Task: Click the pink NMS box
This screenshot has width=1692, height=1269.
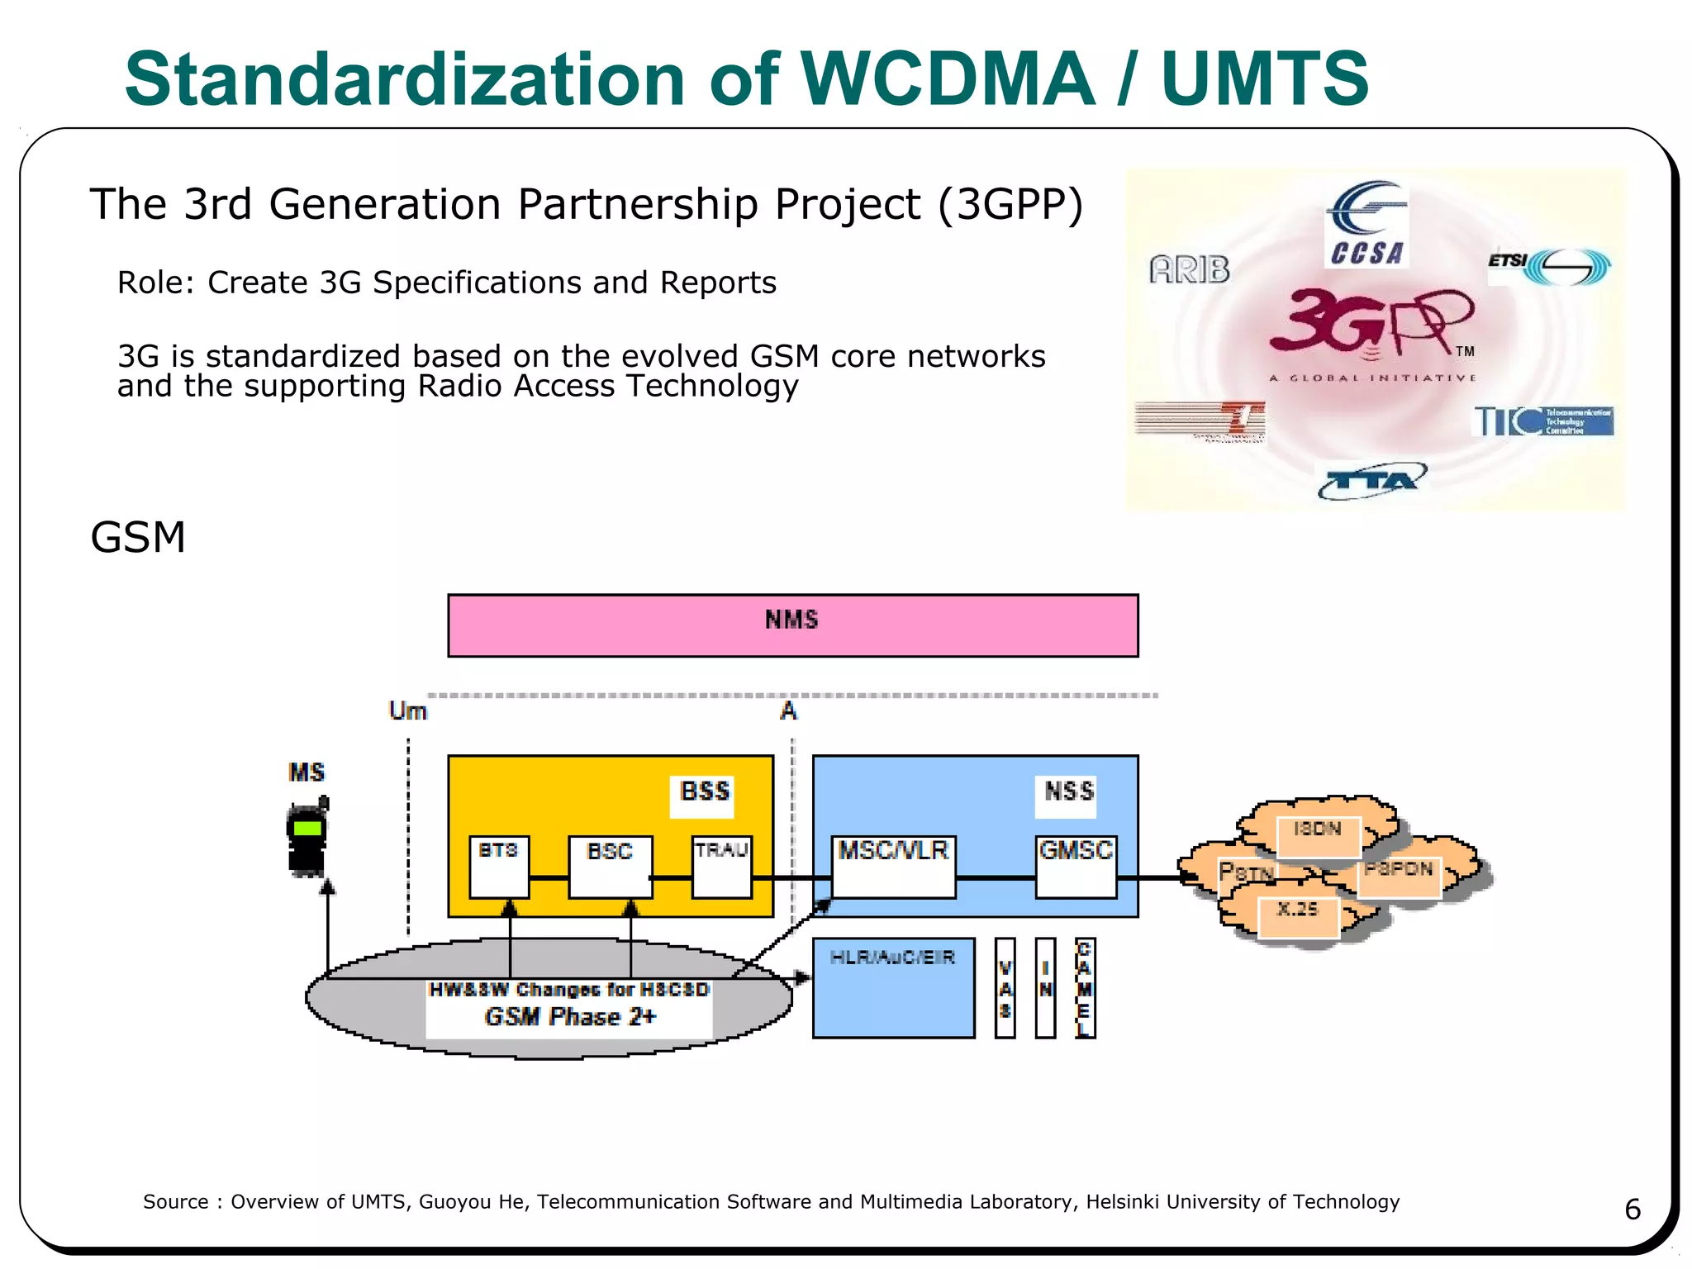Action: pyautogui.click(x=792, y=625)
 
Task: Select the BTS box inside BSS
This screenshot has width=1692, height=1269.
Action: pyautogui.click(x=499, y=866)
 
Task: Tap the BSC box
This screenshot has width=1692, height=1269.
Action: pyautogui.click(x=611, y=866)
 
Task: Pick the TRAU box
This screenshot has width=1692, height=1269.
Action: pyautogui.click(x=721, y=866)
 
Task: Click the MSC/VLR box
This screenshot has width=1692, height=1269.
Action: pyautogui.click(x=893, y=866)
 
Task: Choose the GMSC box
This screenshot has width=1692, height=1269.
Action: pyautogui.click(x=1076, y=866)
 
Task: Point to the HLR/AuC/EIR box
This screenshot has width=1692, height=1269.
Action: pyautogui.click(x=893, y=987)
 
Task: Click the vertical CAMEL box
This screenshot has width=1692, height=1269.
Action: pyautogui.click(x=1085, y=988)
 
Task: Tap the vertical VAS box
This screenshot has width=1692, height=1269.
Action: pyautogui.click(x=1005, y=988)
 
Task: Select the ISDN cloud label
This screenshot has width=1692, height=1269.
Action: pyautogui.click(x=1318, y=834)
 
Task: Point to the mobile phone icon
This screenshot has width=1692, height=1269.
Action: pyautogui.click(x=307, y=838)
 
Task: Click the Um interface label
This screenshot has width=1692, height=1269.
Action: pyautogui.click(x=407, y=711)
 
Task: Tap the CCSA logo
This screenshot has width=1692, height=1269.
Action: pyautogui.click(x=1366, y=225)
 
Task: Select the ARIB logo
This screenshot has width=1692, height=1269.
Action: pyautogui.click(x=1189, y=269)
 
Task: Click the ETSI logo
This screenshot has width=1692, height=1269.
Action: pyautogui.click(x=1549, y=266)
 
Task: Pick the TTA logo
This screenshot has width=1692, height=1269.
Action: pyautogui.click(x=1371, y=481)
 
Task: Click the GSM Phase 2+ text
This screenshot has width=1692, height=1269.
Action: pyautogui.click(x=570, y=1017)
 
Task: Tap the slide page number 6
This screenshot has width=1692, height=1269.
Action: pyautogui.click(x=1632, y=1210)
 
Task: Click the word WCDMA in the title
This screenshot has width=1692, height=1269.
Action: pyautogui.click(x=948, y=79)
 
